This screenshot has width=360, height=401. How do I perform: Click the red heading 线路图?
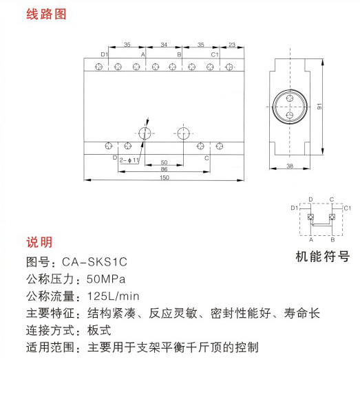[46, 14]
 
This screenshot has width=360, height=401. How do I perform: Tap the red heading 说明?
[39, 242]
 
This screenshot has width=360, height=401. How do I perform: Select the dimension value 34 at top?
[164, 45]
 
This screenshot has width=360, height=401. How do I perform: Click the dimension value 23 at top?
[232, 45]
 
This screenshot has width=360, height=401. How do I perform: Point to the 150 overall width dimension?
[165, 177]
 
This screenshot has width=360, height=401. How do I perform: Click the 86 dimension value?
[164, 169]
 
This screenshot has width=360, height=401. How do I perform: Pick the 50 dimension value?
[164, 162]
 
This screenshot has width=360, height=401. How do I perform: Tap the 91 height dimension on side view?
[319, 107]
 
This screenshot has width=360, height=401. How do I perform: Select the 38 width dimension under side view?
[290, 166]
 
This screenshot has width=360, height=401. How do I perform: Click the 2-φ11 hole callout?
[129, 160]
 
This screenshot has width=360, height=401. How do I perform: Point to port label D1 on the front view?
[105, 54]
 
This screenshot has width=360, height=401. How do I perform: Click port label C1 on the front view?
[215, 54]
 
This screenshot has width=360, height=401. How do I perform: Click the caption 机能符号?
[322, 257]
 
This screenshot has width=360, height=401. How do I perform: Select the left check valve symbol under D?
[310, 217]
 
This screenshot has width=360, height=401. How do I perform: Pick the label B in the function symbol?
[332, 239]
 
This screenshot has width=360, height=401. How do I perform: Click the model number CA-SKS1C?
[95, 262]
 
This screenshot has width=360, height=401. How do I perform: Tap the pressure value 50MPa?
[106, 279]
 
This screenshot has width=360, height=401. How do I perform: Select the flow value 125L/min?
[114, 296]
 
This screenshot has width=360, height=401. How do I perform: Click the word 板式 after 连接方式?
[99, 330]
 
